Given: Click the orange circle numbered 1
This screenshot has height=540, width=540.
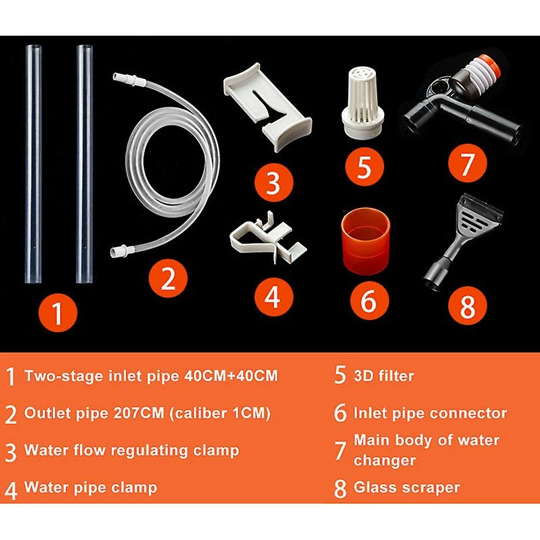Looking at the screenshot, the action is click(57, 313).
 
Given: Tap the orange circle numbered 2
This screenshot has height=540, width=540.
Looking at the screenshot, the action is click(168, 278).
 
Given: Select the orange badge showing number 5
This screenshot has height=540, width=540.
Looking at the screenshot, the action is click(364, 167).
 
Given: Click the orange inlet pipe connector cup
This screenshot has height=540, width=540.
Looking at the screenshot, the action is click(365, 240).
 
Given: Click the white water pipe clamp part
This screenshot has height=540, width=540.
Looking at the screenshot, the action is click(268, 237).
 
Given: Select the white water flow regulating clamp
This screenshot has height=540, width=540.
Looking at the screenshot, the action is click(267, 106).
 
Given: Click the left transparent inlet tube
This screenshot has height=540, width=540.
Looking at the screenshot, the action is click(33, 163).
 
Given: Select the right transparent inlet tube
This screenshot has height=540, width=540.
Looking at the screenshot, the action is click(85, 163).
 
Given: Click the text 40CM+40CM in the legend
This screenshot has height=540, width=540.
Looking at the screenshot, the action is click(231, 375).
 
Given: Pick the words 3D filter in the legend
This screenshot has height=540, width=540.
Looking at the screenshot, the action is click(383, 376).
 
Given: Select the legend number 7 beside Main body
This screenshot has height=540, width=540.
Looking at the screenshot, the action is click(340, 450).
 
